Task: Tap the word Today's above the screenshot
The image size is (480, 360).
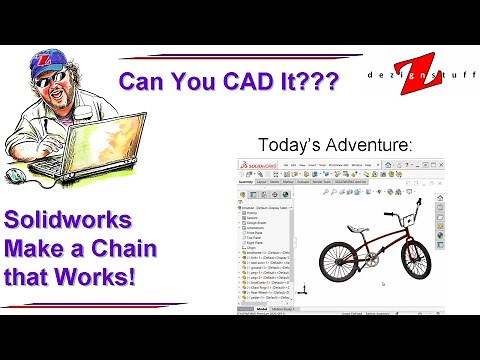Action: [x=286, y=144]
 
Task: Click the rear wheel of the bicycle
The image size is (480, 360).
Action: [x=340, y=260]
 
